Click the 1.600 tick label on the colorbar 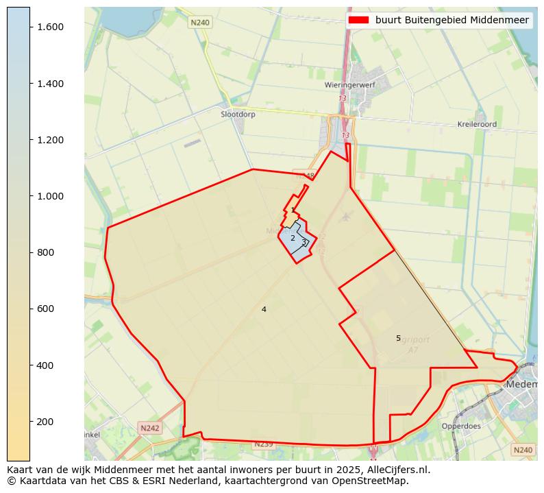[50, 27]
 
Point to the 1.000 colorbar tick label [50, 196]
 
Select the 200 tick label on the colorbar [45, 422]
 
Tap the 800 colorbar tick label [45, 252]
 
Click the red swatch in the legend [358, 20]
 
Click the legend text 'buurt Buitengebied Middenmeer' [452, 20]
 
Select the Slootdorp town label [238, 115]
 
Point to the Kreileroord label [477, 125]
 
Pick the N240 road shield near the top [200, 23]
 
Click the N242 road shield [149, 428]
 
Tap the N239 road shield [264, 444]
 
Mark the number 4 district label [264, 310]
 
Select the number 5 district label [398, 339]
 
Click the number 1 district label [293, 211]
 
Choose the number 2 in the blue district [293, 239]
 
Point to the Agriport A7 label [415, 345]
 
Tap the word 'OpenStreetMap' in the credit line [374, 481]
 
